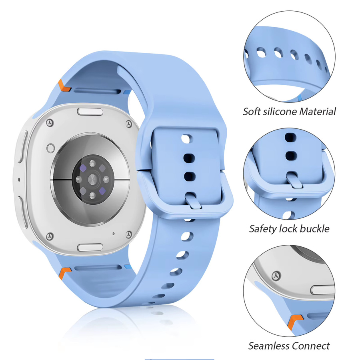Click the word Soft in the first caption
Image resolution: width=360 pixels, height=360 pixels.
click(x=252, y=112)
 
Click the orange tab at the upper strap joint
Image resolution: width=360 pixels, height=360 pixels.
click(x=64, y=86)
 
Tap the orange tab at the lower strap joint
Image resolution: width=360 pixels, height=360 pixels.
click(x=64, y=273)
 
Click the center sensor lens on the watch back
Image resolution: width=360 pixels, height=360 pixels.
click(x=92, y=180)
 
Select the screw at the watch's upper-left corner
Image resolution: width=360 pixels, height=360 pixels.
click(x=50, y=123)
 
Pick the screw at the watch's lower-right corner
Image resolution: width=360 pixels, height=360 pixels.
click(x=128, y=235)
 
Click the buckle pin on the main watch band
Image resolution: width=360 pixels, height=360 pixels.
click(x=192, y=200)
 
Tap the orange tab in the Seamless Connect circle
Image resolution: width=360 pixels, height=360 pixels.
click(x=295, y=322)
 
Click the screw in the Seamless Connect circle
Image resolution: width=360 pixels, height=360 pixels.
click(x=276, y=276)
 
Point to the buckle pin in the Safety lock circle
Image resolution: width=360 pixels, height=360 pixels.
click(x=294, y=180)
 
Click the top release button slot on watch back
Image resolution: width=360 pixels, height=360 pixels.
click(x=90, y=112)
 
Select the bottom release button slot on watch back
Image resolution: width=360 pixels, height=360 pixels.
click(x=90, y=247)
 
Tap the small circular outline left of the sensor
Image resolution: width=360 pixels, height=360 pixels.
click(x=50, y=148)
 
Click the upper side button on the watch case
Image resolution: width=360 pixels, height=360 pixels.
click(x=22, y=146)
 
